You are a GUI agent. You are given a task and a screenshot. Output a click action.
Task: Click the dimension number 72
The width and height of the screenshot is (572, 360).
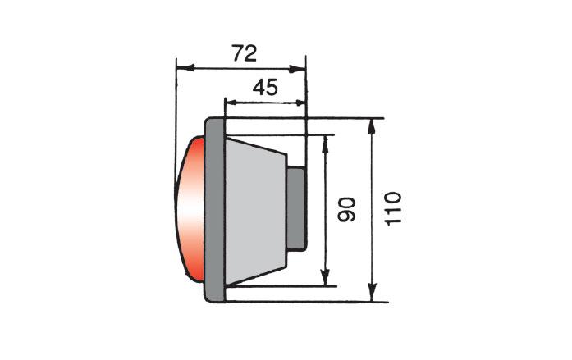[245, 53]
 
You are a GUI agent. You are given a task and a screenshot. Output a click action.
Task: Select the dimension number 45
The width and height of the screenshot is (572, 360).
[265, 88]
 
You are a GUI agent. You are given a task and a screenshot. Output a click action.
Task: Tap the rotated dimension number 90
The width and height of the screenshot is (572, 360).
[346, 209]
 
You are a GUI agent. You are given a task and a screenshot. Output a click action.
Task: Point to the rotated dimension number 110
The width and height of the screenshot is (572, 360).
[393, 209]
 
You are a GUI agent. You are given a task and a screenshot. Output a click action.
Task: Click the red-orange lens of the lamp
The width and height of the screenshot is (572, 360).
[190, 209]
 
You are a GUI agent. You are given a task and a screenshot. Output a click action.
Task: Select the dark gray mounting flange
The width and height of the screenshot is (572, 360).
[215, 210]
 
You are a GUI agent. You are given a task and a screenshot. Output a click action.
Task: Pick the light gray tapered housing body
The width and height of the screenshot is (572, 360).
[255, 212]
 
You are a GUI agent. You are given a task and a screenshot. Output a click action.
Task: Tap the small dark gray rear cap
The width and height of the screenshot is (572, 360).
[296, 208]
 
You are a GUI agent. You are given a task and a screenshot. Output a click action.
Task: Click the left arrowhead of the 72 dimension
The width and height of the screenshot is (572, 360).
[185, 68]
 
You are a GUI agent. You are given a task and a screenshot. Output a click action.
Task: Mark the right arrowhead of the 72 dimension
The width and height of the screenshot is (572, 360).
[296, 69]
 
